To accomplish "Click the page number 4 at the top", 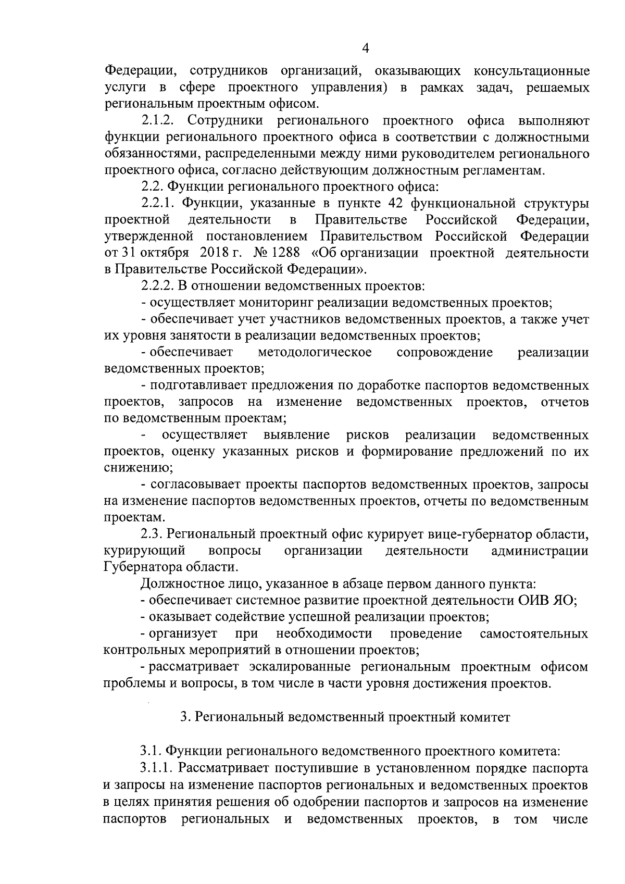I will (365, 48).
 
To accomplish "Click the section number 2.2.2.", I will (157, 286).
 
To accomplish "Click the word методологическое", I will (315, 353).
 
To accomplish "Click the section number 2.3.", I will (151, 534).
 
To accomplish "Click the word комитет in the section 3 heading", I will (485, 717).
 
